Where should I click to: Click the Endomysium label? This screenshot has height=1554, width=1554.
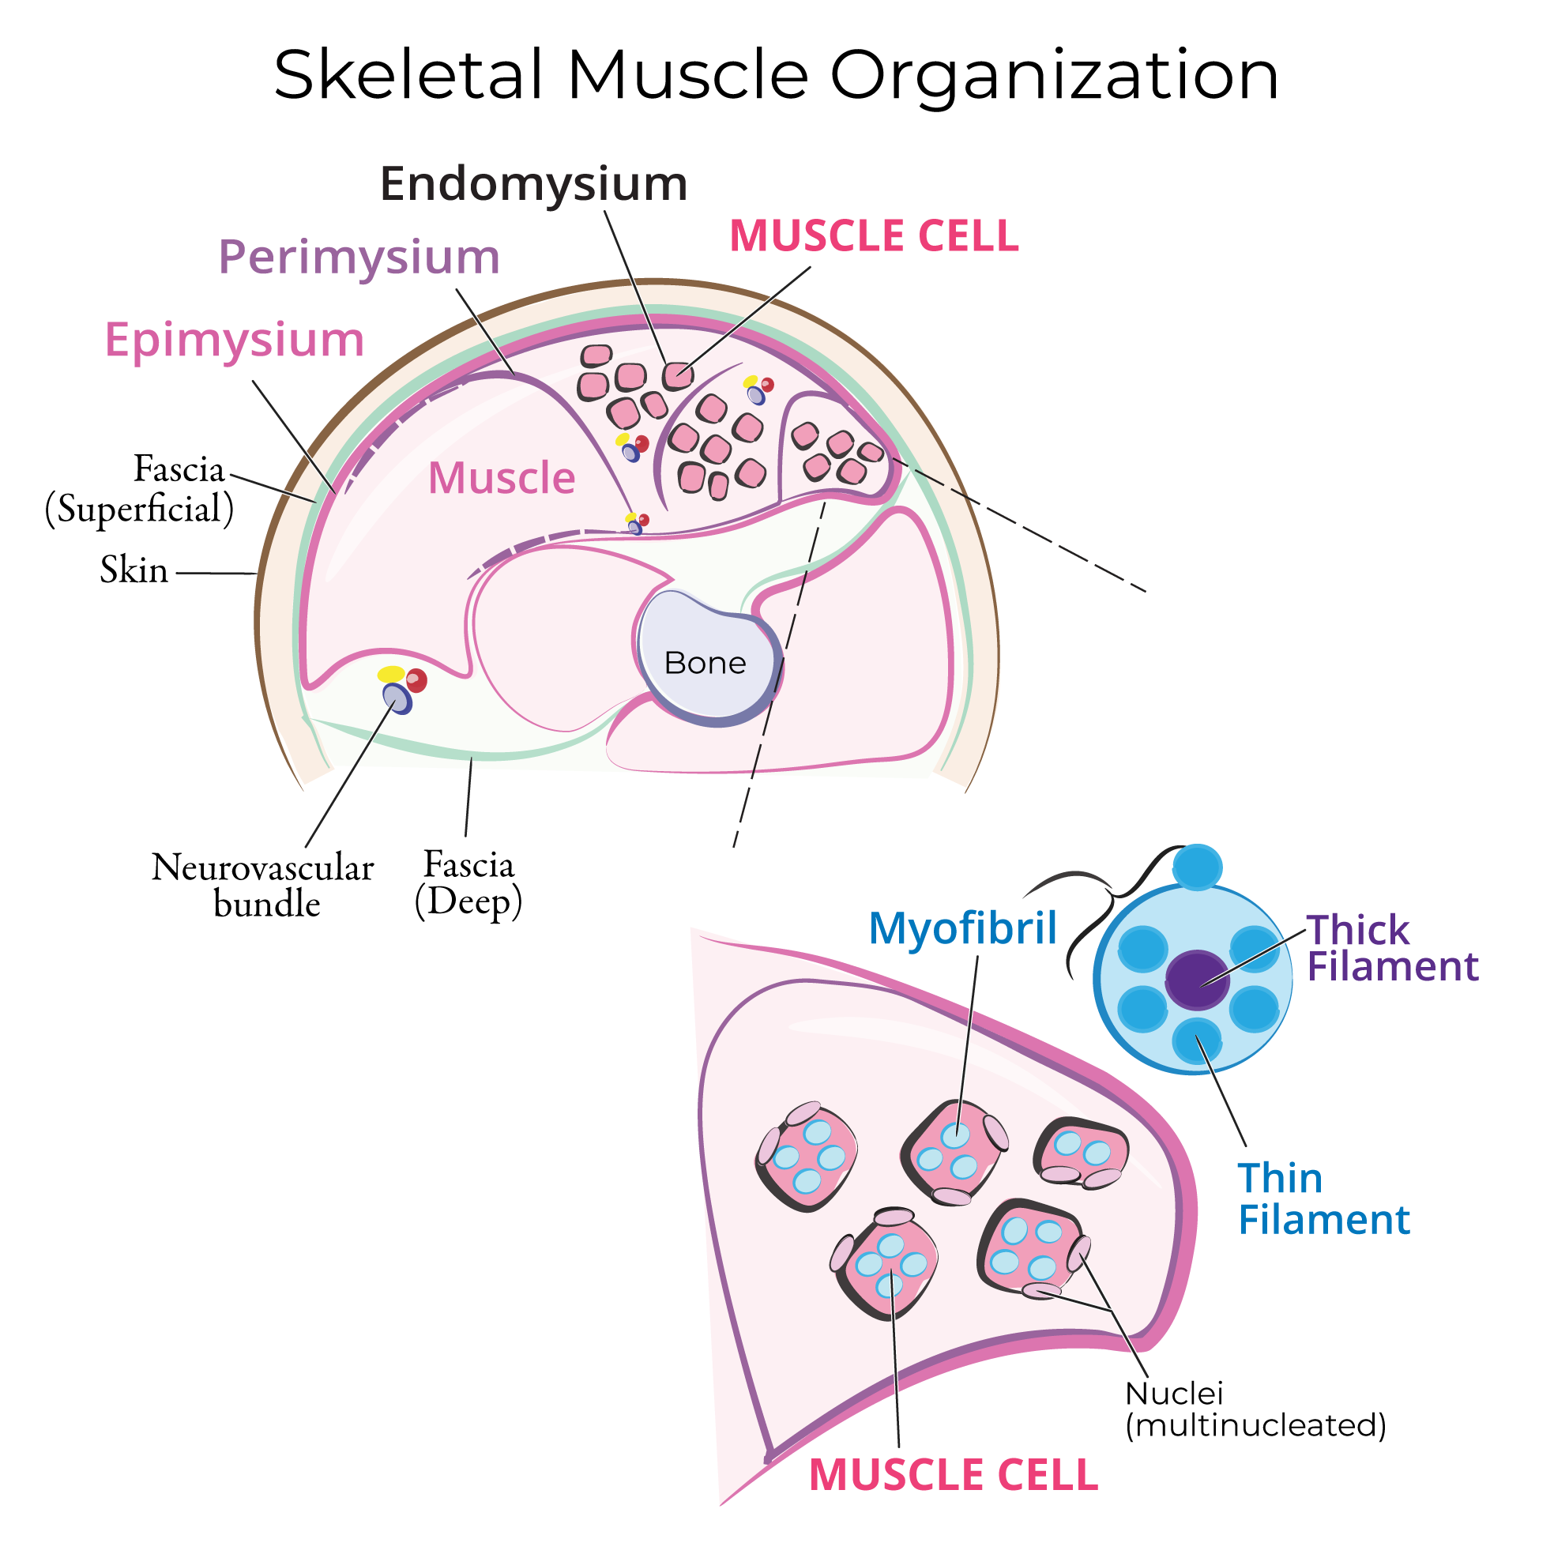pos(533,184)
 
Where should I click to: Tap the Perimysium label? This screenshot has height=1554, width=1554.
pos(359,258)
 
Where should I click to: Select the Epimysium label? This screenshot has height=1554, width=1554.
pos(234,340)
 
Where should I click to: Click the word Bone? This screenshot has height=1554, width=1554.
pos(705,663)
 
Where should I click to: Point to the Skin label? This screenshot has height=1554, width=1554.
pos(134,570)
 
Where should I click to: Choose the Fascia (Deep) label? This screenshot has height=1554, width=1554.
pos(468,882)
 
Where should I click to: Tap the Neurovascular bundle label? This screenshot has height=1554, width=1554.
pos(263,886)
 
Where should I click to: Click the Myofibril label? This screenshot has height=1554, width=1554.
pos(962,928)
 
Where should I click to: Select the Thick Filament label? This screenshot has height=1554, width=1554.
pos(1391,947)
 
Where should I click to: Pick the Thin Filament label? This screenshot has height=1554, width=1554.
pos(1323,1199)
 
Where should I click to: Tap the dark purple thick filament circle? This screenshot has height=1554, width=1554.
pos(1197,979)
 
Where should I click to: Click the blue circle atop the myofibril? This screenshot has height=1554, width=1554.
pos(1197,867)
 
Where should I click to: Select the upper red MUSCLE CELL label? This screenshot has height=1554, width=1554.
pos(874,236)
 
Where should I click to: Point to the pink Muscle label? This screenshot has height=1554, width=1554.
pos(501,478)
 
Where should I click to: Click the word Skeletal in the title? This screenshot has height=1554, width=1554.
pos(408,75)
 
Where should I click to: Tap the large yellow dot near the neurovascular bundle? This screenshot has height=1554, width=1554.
pos(391,673)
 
